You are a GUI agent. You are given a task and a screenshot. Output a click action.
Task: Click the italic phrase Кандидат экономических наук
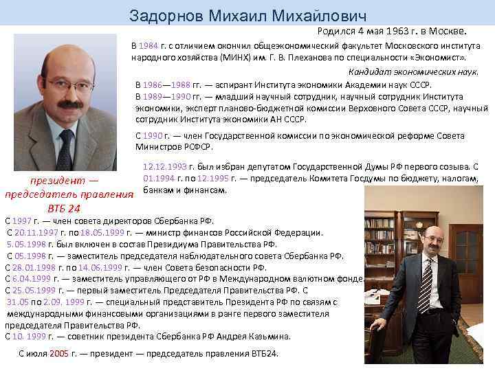point(413,72)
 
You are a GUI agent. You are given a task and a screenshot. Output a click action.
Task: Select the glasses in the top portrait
point(69,85)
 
